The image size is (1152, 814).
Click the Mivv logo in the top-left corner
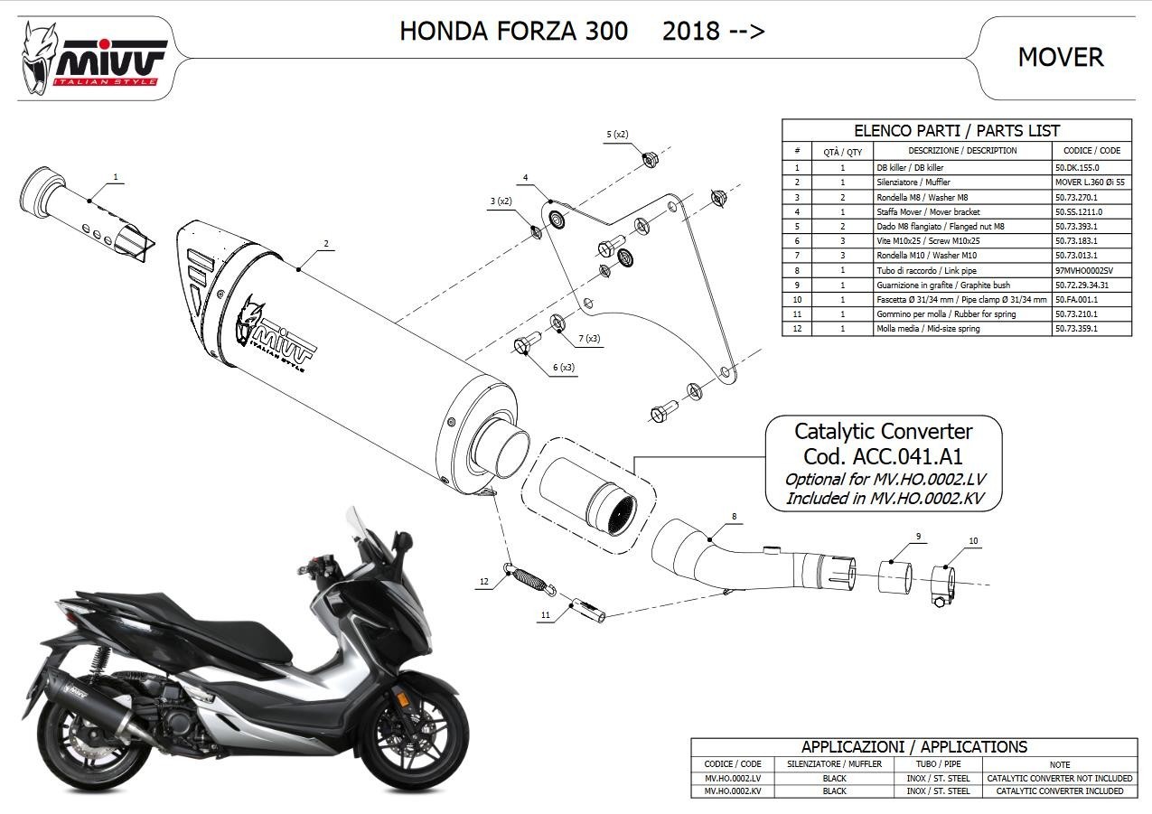coord(92,60)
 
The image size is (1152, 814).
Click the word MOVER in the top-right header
coord(1061,57)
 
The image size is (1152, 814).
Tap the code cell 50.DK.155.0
coord(1077,168)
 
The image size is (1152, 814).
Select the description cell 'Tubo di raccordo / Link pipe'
coord(926,270)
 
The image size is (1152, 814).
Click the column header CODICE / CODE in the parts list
coord(1091,151)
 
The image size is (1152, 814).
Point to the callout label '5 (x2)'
coord(617,135)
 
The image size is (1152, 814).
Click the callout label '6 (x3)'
coord(564,367)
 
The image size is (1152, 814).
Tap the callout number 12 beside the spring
coord(484,582)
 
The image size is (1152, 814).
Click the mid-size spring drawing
coord(529,578)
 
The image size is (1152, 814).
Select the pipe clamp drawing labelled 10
coord(943,585)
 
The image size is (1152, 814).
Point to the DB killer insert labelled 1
coord(87,213)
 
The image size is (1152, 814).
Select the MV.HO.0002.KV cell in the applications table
coord(733,791)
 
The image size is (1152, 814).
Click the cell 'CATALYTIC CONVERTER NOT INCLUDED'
coord(1060,778)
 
